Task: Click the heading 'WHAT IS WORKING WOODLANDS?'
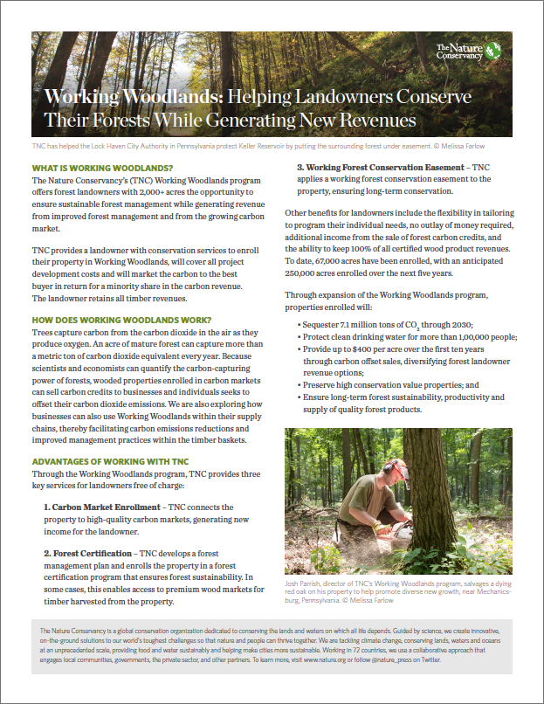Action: [102, 168]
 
